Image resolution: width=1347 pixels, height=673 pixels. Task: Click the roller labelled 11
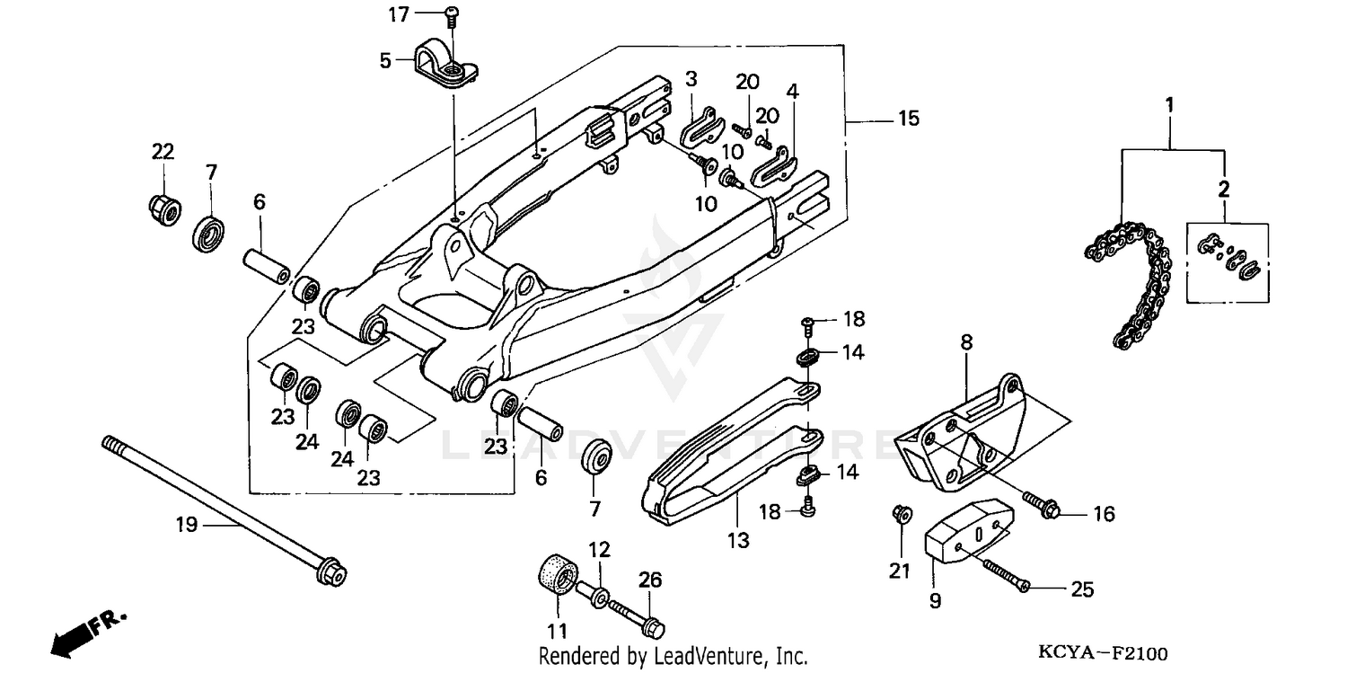tap(557, 574)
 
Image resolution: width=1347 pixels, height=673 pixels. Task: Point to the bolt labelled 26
tap(638, 615)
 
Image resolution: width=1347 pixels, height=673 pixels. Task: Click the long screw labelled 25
tap(1007, 575)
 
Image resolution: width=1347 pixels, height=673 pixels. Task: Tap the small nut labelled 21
tap(901, 514)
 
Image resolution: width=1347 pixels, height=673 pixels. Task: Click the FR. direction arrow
tap(88, 633)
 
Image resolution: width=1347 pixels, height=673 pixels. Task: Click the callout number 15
tap(908, 119)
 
